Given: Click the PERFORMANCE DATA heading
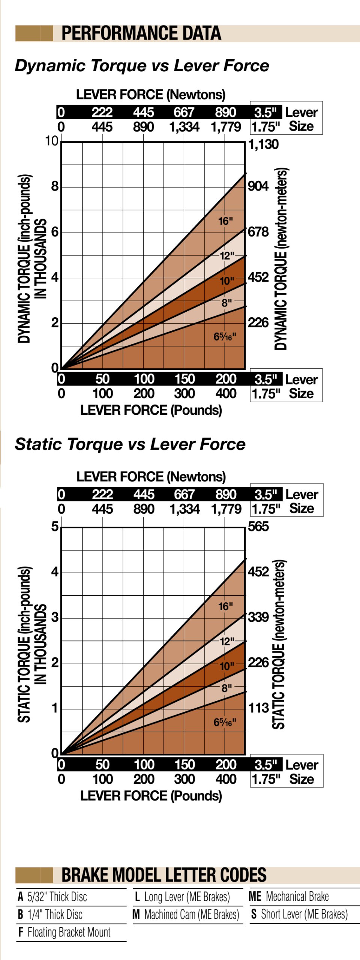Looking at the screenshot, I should tap(141, 33).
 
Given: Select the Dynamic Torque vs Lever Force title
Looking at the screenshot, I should tap(142, 66).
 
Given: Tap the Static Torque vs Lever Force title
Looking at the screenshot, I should tap(130, 444).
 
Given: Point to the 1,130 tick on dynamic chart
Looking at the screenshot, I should tap(263, 144).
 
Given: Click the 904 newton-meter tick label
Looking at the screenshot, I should tap(258, 186).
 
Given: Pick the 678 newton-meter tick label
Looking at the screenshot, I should tap(258, 232).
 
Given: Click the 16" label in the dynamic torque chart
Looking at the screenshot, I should tap(225, 221).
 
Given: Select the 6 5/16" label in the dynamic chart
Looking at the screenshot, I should tap(225, 336).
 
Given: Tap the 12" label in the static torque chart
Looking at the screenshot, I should tap(226, 641).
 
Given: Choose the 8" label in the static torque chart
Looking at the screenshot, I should tap(226, 688).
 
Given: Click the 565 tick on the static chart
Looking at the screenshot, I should tap(258, 526).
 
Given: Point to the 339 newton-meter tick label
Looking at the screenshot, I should tap(258, 617).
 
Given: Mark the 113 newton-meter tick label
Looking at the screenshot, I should tap(258, 708).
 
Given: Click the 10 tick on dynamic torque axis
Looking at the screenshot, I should tap(52, 141).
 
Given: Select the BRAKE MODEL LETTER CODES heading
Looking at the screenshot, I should tap(164, 875).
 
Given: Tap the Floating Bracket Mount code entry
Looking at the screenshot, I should tap(64, 932).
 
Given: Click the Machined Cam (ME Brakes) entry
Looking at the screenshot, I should tap(186, 915).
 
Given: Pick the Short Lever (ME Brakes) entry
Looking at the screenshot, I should tap(299, 914).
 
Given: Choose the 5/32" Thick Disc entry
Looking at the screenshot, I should tap(52, 897).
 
